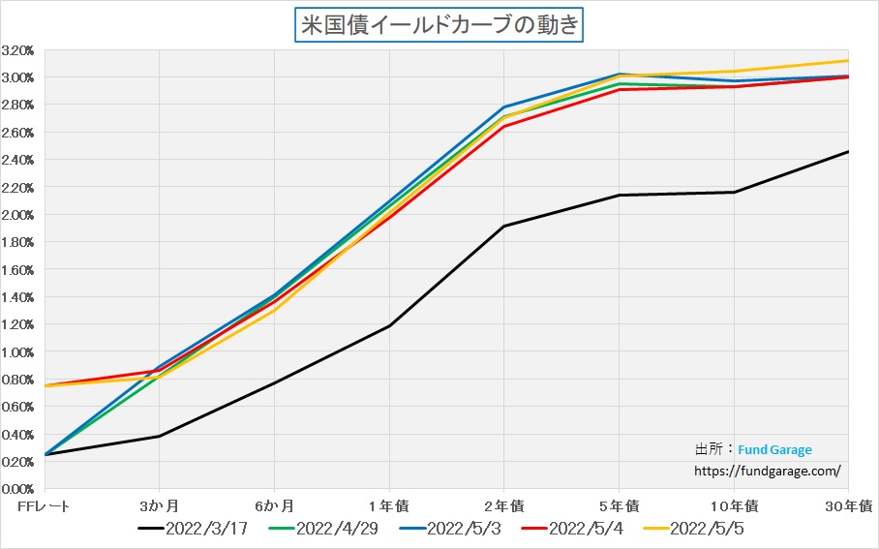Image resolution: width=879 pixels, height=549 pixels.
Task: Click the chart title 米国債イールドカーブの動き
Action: click(x=439, y=24)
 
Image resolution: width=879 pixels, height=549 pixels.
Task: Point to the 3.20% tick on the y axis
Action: click(x=18, y=49)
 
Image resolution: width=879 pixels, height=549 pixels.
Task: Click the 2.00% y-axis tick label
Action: click(x=18, y=215)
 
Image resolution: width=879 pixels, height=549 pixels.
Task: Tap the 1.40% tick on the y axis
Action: click(x=18, y=297)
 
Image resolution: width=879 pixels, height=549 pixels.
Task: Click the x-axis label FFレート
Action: click(x=45, y=506)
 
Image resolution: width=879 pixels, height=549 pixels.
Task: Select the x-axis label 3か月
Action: click(x=159, y=506)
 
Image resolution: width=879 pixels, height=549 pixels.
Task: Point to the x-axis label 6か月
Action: click(x=274, y=506)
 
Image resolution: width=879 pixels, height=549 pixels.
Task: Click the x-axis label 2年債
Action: click(x=503, y=506)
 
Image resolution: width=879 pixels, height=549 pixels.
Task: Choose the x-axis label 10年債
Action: click(x=734, y=506)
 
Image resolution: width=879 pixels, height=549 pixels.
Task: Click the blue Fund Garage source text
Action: click(x=774, y=450)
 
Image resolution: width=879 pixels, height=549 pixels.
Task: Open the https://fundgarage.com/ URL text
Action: click(x=768, y=472)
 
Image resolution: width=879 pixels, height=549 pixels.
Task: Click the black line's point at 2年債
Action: click(x=503, y=227)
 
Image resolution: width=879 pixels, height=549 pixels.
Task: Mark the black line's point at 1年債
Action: click(x=389, y=325)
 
